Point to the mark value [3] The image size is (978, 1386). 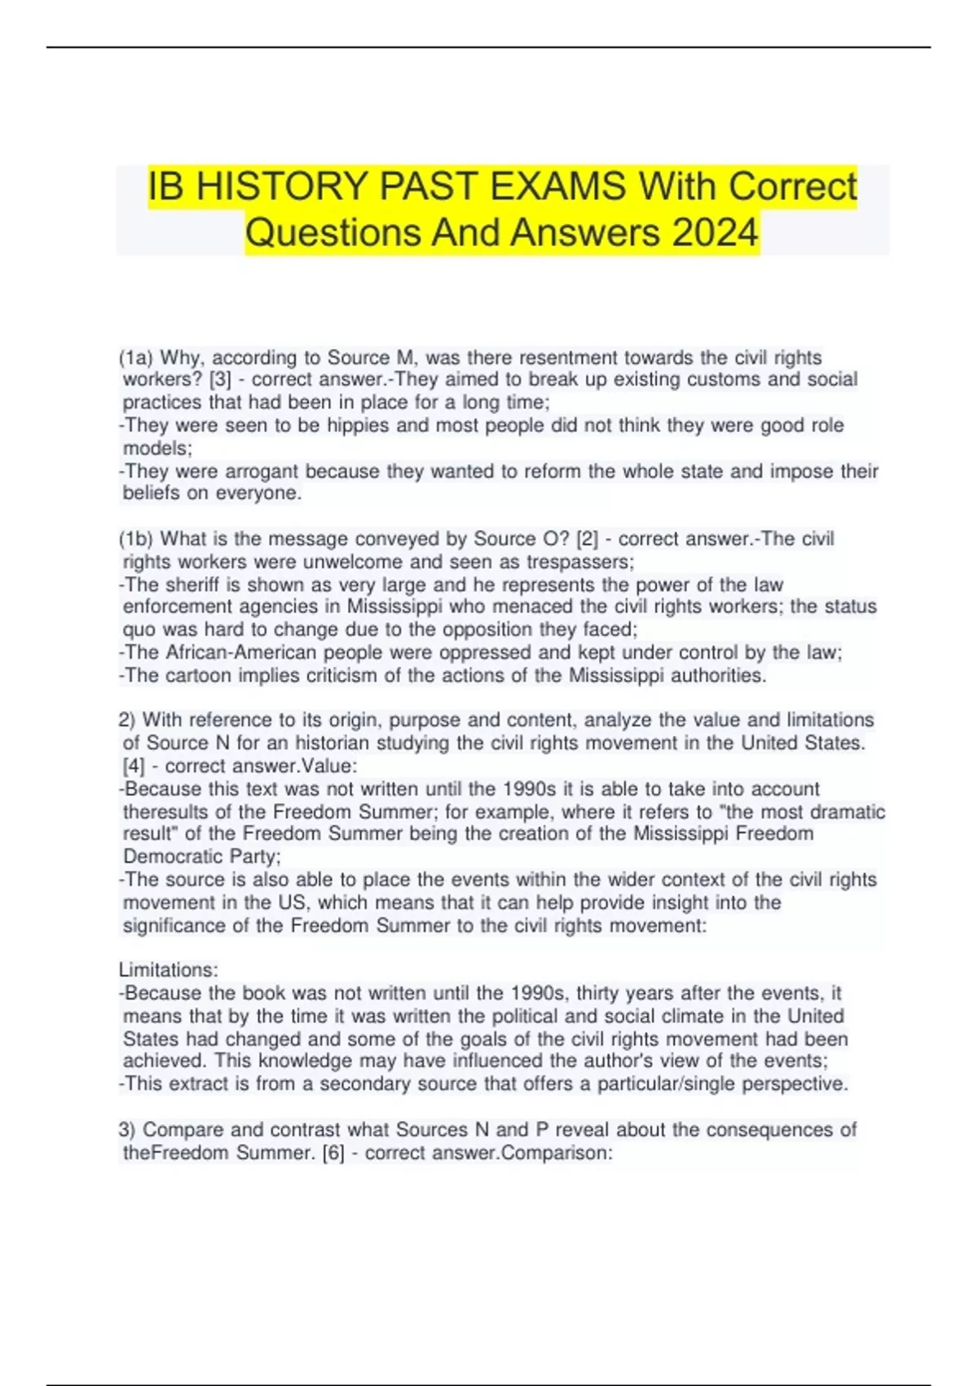[x=220, y=380]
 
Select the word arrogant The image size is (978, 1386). [x=262, y=471]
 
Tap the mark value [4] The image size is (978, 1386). [x=134, y=766]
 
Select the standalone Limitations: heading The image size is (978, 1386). [x=169, y=970]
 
